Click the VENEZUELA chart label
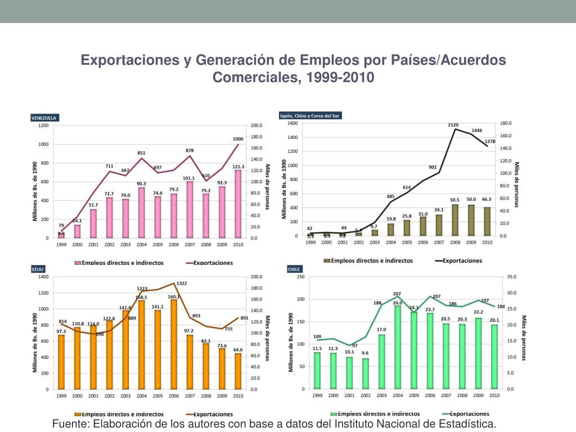point(44,118)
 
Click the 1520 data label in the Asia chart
point(453,125)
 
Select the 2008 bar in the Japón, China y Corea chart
point(454,220)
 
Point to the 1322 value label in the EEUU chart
point(182,283)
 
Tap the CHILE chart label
point(294,269)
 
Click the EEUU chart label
point(38,269)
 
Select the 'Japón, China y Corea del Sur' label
point(310,115)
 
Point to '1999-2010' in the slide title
point(340,77)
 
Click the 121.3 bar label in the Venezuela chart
point(238,166)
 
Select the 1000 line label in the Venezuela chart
point(238,139)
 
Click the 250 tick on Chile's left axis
point(300,277)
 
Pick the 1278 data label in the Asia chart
point(489,141)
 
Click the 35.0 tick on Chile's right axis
point(511,277)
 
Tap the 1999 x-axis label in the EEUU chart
point(61,396)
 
